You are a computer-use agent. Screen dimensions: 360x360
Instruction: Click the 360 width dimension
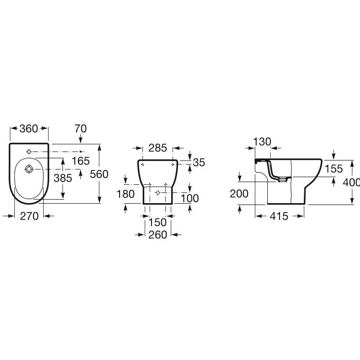(x=28, y=129)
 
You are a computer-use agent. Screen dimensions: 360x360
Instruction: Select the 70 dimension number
(x=80, y=129)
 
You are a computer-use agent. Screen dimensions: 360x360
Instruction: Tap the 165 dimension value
(x=80, y=161)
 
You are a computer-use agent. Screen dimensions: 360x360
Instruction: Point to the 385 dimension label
(x=62, y=178)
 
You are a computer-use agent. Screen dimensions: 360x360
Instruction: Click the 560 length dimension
(x=99, y=174)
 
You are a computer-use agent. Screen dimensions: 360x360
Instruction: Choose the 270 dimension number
(x=29, y=216)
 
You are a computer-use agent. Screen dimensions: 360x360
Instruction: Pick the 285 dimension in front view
(x=157, y=148)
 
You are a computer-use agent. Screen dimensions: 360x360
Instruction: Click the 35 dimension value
(x=199, y=163)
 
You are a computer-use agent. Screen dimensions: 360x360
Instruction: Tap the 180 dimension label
(x=125, y=194)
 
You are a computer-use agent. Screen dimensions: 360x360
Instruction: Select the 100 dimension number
(x=190, y=198)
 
